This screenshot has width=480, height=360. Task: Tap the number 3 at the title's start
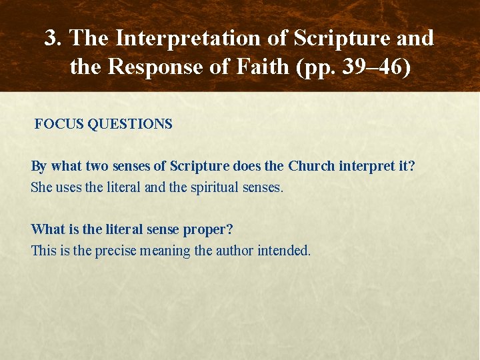pos(51,39)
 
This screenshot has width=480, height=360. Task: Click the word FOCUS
pos(59,124)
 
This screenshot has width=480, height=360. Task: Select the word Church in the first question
pos(311,166)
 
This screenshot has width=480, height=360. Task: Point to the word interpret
pos(368,166)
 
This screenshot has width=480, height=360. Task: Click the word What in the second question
pos(47,229)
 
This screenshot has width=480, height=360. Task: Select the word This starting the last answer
pos(44,251)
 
